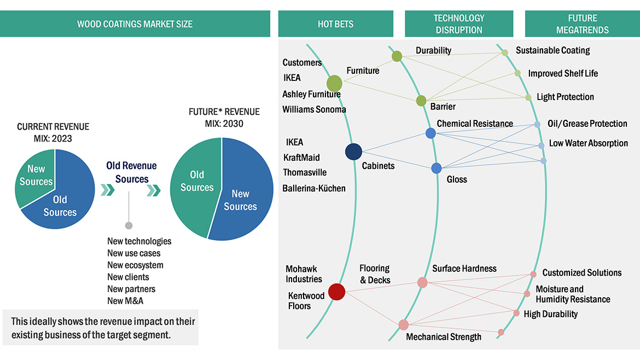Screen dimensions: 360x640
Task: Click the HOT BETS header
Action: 335,24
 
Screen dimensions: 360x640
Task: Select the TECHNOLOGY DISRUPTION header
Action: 458,24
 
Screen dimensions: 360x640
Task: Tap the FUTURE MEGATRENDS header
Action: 582,24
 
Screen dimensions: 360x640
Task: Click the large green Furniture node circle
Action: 334,84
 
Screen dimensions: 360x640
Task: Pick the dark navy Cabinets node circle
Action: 353,152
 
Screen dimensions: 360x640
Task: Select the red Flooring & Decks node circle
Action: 336,292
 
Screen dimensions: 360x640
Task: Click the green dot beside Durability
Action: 397,56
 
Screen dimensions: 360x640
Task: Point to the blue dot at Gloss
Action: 437,168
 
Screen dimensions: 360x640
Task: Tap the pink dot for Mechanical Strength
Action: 403,325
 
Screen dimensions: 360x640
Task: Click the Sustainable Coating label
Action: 552,50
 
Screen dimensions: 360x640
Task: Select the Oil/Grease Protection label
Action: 587,124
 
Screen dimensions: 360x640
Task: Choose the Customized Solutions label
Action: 581,272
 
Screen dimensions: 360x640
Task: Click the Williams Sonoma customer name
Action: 314,109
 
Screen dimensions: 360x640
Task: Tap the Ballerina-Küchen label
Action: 314,188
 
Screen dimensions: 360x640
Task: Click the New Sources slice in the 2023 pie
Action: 35,175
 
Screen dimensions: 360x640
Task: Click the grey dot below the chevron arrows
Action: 129,225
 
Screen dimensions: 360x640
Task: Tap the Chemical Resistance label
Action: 475,124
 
